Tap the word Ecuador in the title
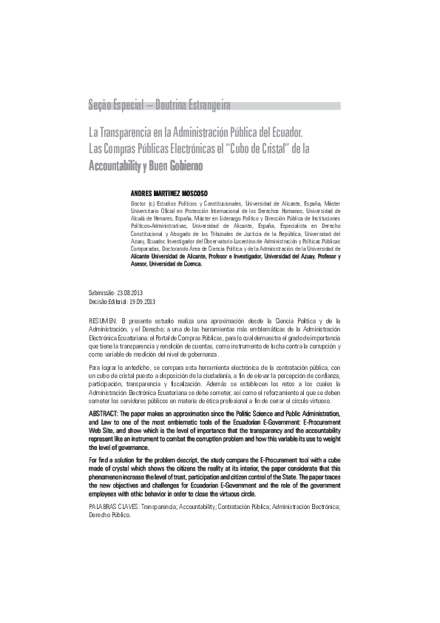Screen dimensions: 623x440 tap(285, 134)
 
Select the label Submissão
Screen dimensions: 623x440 tap(101, 293)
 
